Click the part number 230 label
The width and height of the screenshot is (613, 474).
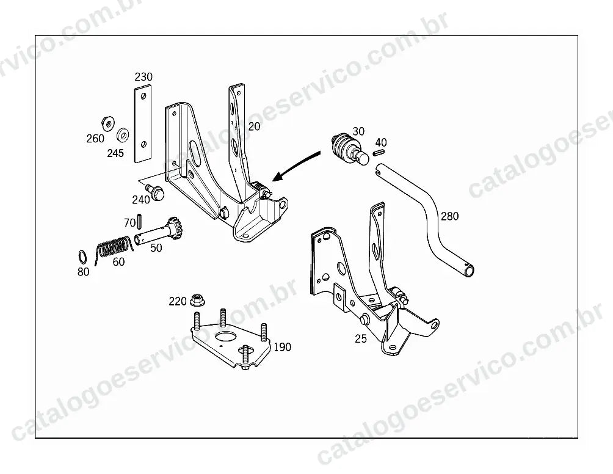tap(143, 76)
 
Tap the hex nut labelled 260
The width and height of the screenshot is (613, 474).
tap(107, 123)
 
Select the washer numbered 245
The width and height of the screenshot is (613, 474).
tap(123, 136)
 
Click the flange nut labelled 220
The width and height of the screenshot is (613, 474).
tap(198, 301)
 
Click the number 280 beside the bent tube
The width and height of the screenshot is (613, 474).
tap(449, 216)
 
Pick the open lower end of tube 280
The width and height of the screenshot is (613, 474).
tap(468, 270)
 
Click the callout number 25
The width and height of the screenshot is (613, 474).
tap(361, 338)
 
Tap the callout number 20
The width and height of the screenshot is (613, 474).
tap(254, 126)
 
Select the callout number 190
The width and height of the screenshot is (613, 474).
tap(282, 347)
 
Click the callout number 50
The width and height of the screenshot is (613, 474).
tap(156, 247)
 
